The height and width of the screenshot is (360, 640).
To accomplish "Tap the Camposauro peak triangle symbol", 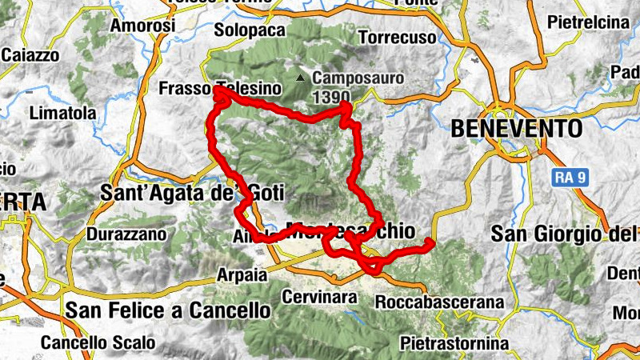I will (x=300, y=78).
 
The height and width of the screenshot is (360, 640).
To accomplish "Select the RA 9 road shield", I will (x=570, y=178).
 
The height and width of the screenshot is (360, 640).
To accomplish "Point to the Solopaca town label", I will (x=250, y=30).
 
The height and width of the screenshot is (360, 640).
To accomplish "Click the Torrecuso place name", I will (x=398, y=38).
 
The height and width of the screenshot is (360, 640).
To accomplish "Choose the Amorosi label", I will (x=143, y=26).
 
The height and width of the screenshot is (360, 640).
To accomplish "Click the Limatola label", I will (x=62, y=114).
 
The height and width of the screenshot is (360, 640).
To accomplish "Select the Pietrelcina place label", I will (x=588, y=22).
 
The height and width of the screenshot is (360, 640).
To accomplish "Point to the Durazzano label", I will (x=126, y=234).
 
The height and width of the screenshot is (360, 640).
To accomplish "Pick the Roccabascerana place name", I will (x=439, y=302).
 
